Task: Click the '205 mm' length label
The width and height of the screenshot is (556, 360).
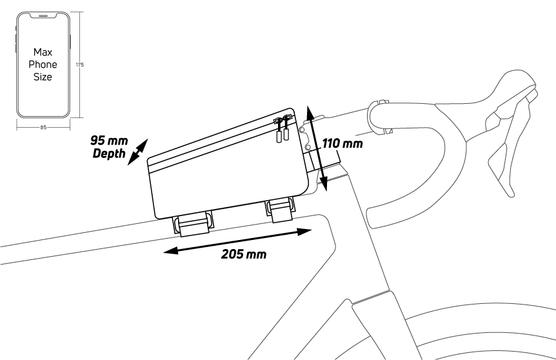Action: click(x=243, y=254)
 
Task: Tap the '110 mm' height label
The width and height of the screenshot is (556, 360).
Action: click(x=342, y=142)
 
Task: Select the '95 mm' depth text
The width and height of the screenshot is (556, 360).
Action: click(x=110, y=140)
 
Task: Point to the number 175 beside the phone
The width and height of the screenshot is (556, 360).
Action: click(x=80, y=65)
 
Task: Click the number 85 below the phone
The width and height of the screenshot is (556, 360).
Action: click(x=43, y=128)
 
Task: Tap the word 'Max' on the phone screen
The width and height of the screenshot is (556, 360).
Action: click(x=43, y=53)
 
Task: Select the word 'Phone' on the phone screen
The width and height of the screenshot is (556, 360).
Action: click(x=43, y=65)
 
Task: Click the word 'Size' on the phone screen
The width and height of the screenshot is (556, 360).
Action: click(x=43, y=76)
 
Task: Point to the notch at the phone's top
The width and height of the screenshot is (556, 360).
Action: click(x=43, y=13)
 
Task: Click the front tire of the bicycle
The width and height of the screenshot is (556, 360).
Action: click(x=490, y=335)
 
